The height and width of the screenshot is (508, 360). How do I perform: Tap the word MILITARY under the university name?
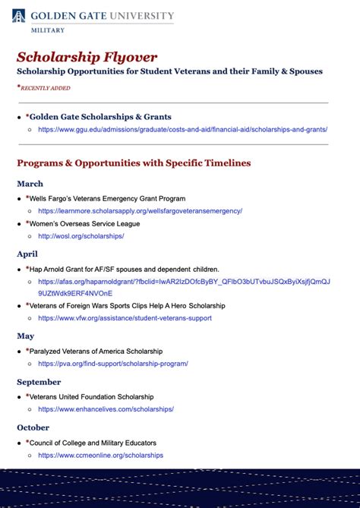coord(48,30)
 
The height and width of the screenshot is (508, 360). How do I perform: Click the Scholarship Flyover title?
coord(87,57)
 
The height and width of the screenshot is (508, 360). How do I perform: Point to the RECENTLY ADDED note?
coord(46,88)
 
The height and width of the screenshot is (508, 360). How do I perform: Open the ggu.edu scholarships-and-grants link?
coord(182,130)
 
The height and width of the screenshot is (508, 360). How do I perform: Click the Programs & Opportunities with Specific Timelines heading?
coord(134,163)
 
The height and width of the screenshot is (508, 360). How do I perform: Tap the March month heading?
coord(30,184)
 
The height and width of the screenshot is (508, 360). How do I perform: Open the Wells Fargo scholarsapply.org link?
coord(140,211)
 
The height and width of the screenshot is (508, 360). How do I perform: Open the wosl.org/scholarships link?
coord(81,236)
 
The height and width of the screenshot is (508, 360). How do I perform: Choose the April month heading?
coord(27,254)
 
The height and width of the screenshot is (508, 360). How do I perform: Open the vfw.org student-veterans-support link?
coord(125,318)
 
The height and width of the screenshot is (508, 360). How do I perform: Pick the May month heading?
coord(26,336)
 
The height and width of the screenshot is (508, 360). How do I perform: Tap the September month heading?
coord(39,382)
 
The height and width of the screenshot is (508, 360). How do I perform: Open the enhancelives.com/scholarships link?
coord(106,409)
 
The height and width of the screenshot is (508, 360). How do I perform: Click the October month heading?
coord(33,428)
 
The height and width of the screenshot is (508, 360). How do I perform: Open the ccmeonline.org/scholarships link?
coord(100,456)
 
